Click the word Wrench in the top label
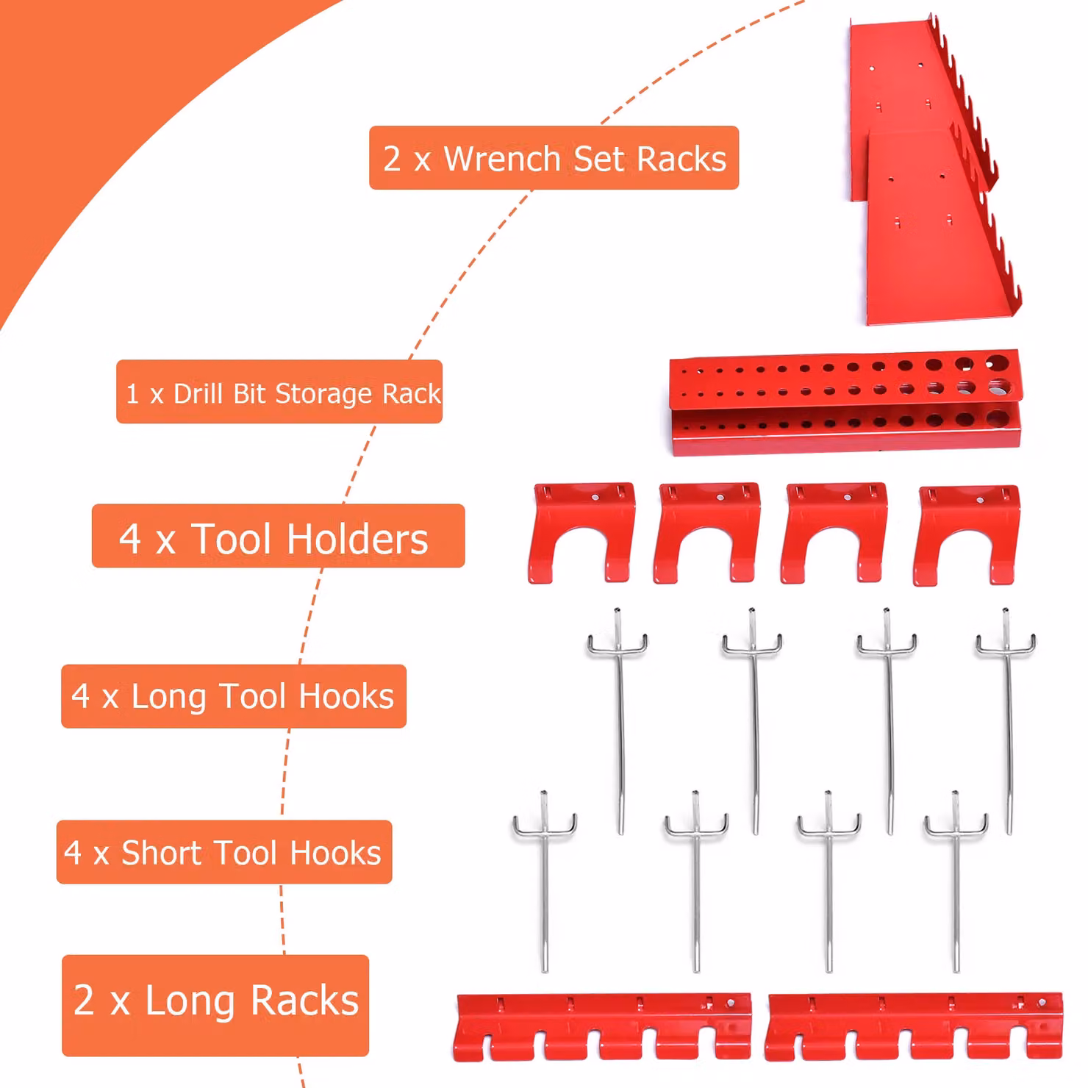click(503, 159)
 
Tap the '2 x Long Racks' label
click(215, 1005)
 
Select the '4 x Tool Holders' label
click(278, 536)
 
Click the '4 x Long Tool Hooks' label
click(234, 696)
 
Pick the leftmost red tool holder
click(581, 533)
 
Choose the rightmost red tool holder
click(966, 534)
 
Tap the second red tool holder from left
click(706, 533)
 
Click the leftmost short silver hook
click(545, 882)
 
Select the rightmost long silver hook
click(1007, 720)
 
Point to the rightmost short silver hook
click(956, 882)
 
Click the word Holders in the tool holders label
click(357, 538)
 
